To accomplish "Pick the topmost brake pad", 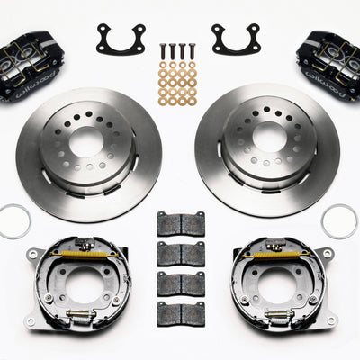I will point(180,224).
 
